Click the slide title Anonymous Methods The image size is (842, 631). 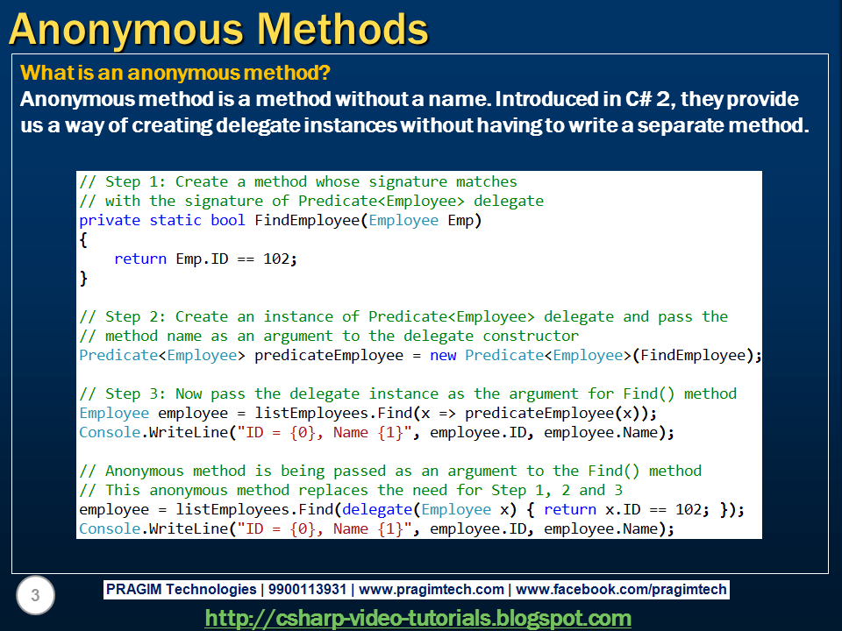(218, 30)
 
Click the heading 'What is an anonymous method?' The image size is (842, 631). (175, 73)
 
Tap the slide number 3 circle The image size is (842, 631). (35, 595)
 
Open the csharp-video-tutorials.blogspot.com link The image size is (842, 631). (417, 619)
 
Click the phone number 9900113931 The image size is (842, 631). (307, 589)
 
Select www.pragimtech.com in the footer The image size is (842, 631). (432, 589)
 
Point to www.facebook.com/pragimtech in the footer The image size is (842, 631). (621, 589)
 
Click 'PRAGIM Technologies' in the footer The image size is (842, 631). (181, 589)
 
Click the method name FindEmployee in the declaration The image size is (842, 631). (307, 221)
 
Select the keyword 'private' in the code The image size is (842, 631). (110, 221)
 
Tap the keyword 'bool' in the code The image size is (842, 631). (228, 220)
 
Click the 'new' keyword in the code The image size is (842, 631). (443, 355)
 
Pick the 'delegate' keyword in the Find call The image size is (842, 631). (377, 510)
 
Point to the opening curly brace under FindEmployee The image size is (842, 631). (83, 239)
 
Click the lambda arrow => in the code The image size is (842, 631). (447, 414)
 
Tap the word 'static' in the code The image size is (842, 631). (175, 220)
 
